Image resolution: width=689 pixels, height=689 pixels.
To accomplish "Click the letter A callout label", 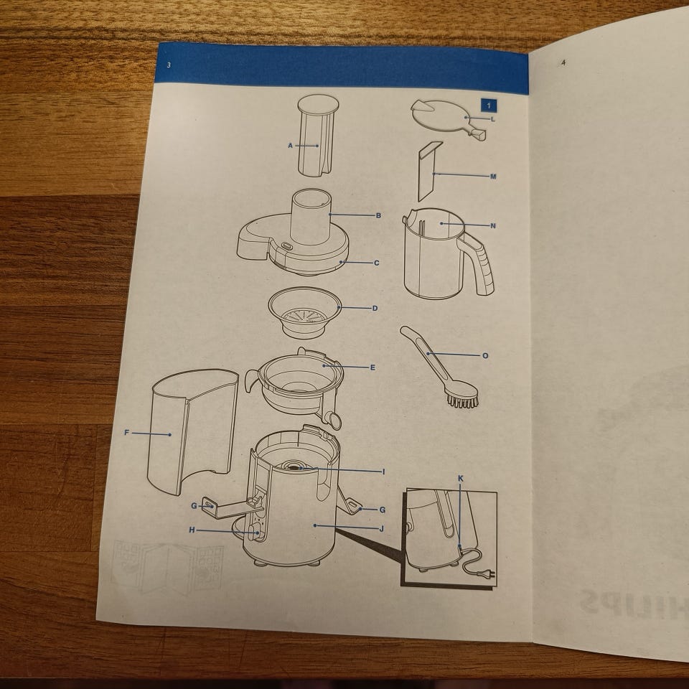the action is pos(290,146).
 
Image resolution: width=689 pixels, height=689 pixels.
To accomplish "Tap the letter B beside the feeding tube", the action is pos(378,216).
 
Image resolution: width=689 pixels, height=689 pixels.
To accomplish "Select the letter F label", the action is pos(126,433).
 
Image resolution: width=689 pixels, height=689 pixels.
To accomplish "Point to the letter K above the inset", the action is pos(461,479).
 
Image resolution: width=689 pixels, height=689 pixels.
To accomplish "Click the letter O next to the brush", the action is pos(485,355).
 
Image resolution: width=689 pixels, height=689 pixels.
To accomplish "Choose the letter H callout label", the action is pos(192,530).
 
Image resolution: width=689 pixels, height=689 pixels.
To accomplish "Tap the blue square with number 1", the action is pos(489,106).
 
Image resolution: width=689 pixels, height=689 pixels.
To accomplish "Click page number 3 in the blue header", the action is pos(169,65).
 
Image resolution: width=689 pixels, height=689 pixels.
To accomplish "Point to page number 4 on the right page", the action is pos(563,63).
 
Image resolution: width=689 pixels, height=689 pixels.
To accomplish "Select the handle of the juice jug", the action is pos(479,263).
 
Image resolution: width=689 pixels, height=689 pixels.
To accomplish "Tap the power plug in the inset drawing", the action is pos(491,573).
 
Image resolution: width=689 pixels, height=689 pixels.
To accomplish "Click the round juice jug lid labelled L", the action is pos(447,117).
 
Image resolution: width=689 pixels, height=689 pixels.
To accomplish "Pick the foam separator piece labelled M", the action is pos(429,172).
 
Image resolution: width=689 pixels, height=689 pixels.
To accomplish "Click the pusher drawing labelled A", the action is pos(317,136).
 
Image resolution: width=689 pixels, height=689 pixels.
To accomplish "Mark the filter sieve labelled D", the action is pos(304,312).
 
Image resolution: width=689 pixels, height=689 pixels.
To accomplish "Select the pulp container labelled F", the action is pos(192,431).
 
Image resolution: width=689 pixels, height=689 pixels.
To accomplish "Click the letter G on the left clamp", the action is pos(194,506).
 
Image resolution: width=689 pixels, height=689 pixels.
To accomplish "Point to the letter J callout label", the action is pos(381,529).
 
